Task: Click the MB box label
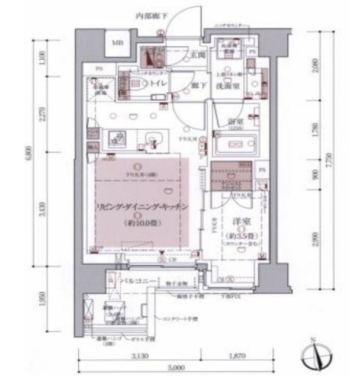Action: tap(118, 44)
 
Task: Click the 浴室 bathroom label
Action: tap(234, 122)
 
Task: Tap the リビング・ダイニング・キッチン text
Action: tap(142, 208)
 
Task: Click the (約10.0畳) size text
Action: tap(142, 223)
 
